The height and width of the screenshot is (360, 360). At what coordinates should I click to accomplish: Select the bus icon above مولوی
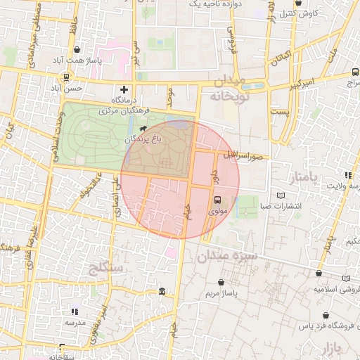pos(217,199)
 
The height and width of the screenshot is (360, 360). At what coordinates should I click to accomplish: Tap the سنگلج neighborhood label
pos(107,268)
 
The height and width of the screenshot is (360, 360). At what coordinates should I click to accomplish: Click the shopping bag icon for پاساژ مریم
pos(221,281)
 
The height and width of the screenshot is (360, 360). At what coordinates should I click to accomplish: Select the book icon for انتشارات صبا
pos(282,195)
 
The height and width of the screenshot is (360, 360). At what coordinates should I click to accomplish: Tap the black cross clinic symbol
pos(124,89)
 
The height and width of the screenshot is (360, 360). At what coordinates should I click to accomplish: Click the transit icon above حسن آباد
pos(66,77)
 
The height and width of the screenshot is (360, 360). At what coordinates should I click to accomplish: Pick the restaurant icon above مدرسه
pos(75,311)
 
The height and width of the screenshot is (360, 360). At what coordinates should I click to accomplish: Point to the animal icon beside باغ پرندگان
pos(143,129)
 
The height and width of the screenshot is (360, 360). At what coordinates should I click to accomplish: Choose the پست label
pos(281,112)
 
